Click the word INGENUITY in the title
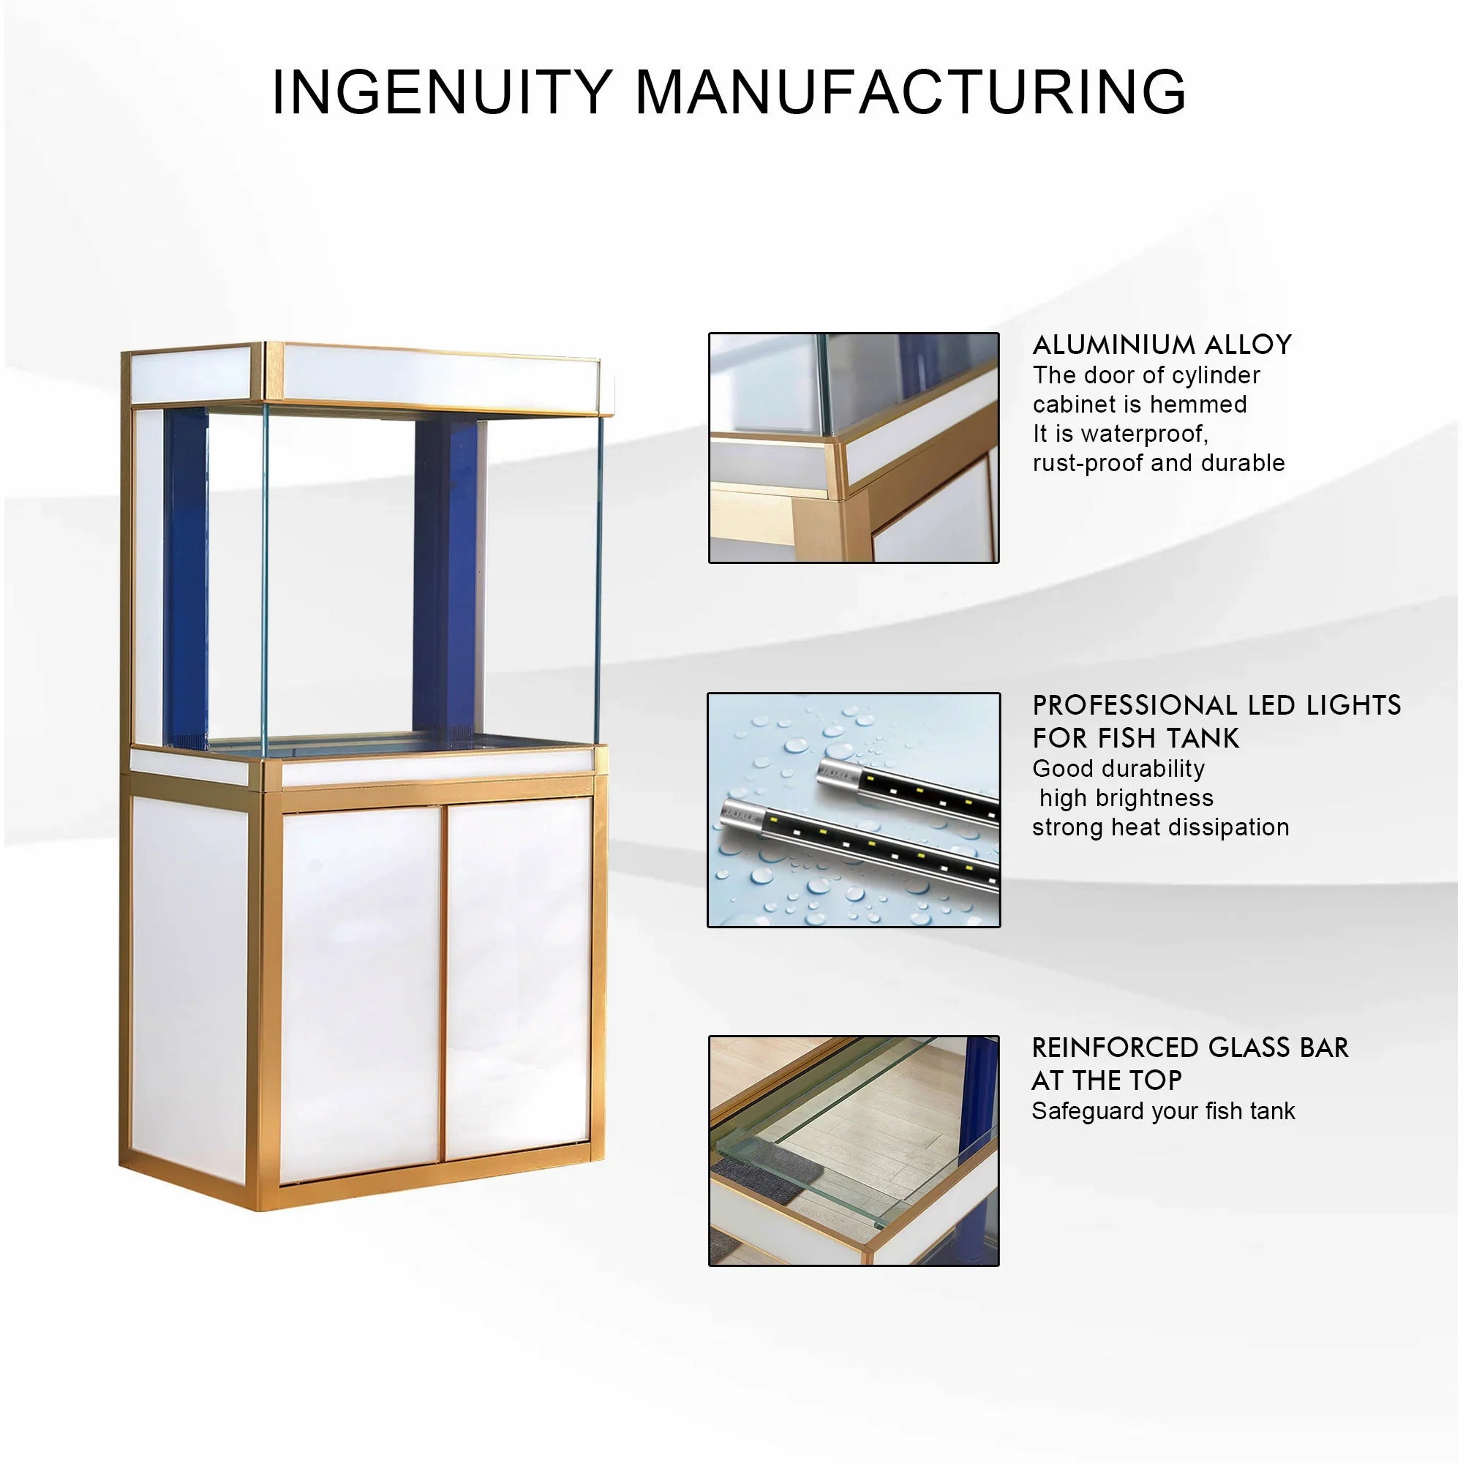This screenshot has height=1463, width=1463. coord(442,92)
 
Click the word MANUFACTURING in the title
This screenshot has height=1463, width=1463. coord(909,92)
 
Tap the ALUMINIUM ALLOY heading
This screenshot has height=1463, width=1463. coord(1162,345)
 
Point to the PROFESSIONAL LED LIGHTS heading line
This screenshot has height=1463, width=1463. coord(1216,705)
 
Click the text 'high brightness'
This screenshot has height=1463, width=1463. coord(1126,798)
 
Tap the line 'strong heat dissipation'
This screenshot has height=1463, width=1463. coord(1160,827)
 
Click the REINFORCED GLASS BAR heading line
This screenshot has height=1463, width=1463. coord(1189,1048)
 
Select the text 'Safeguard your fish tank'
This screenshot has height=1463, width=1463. coord(1163,1111)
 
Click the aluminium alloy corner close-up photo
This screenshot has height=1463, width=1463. coord(854,448)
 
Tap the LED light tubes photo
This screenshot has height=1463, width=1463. coord(854,810)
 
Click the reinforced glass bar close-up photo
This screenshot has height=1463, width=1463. coord(854,1150)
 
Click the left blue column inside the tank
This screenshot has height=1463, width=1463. coord(185,576)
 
